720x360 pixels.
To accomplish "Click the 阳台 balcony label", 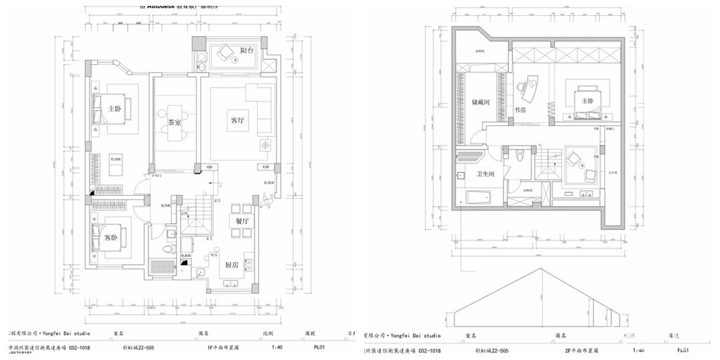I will [246, 51].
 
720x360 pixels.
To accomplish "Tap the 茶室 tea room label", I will [174, 123].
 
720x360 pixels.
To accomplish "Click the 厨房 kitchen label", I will [233, 264].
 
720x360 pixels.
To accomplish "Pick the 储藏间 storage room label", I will [480, 103].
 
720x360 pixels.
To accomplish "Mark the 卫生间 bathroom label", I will [484, 174].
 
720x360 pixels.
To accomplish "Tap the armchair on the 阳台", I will [227, 50].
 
